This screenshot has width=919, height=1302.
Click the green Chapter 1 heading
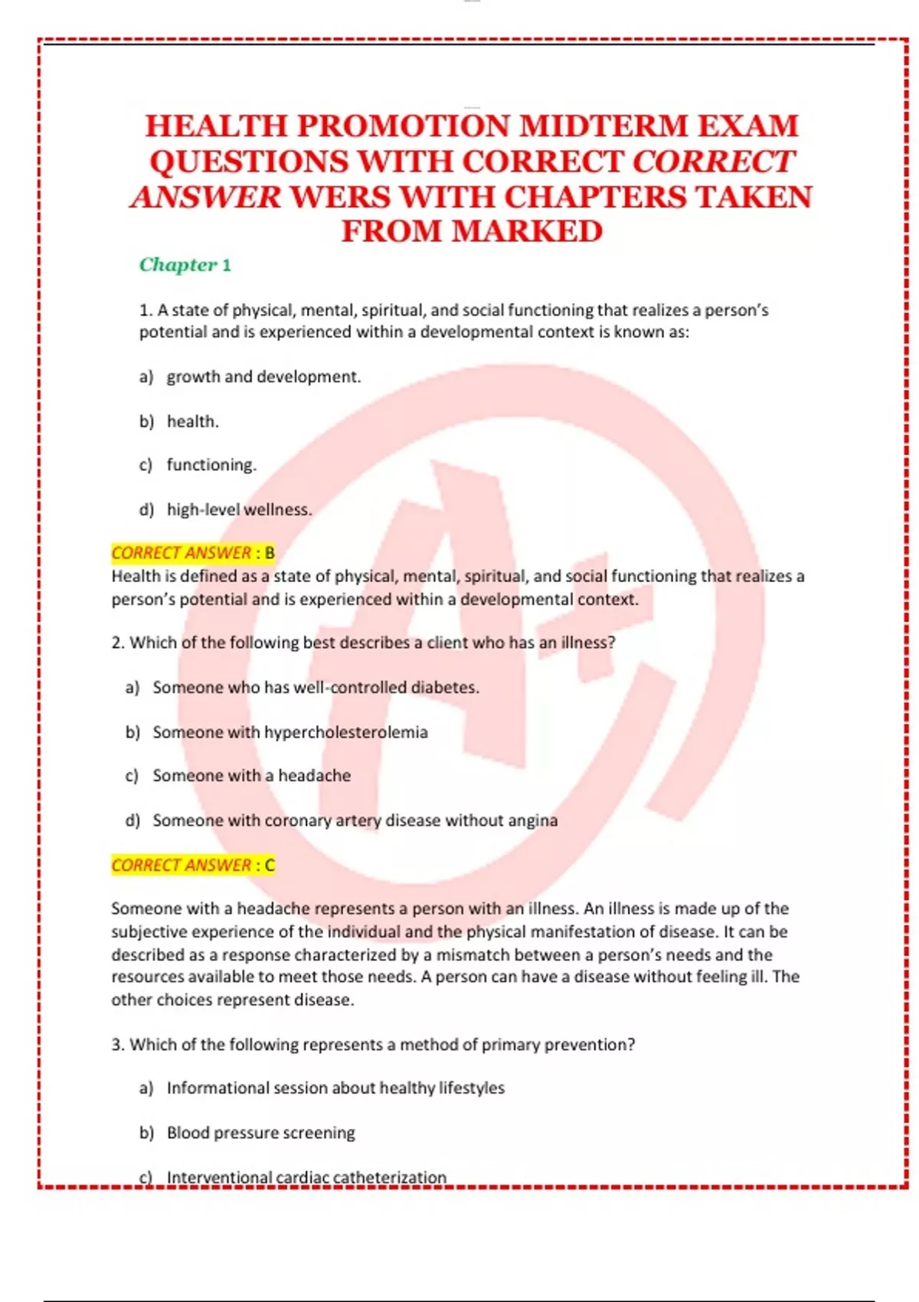[185, 265]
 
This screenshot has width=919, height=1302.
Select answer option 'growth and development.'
[263, 377]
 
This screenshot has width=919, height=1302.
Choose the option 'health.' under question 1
[192, 421]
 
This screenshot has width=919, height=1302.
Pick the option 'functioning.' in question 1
[211, 465]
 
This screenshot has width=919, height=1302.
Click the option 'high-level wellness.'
[239, 509]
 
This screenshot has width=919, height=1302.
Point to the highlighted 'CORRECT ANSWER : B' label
[193, 553]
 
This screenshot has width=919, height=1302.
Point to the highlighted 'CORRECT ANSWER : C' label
[193, 865]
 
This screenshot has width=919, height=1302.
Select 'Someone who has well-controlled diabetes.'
[316, 688]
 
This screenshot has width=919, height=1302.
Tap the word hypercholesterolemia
[345, 732]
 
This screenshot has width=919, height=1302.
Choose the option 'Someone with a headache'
[251, 776]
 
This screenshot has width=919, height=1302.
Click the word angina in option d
[533, 820]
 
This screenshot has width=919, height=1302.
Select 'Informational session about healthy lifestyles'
[335, 1088]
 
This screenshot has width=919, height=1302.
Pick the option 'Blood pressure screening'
[260, 1133]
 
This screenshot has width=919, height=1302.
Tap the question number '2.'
[118, 643]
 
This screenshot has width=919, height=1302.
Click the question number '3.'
[118, 1045]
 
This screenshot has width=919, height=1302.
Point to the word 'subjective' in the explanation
[147, 932]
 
